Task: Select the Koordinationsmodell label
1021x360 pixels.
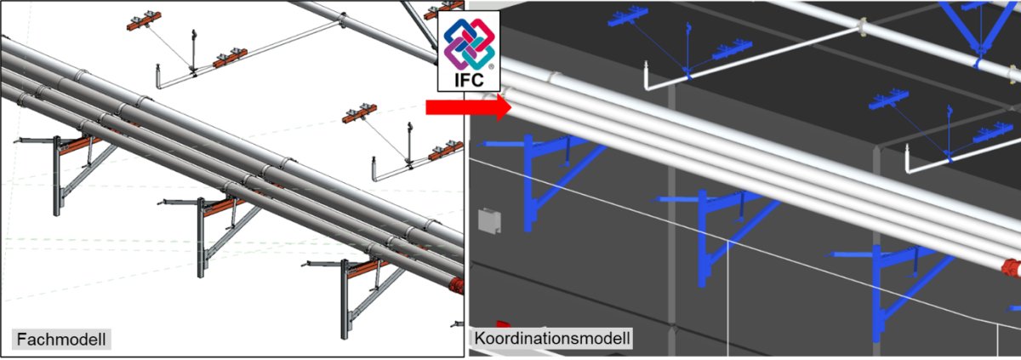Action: click(x=552, y=339)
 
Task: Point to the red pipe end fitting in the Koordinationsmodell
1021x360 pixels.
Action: click(x=1011, y=269)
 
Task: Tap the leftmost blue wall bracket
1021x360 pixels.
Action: click(x=536, y=179)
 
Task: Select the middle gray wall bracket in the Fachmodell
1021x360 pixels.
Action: click(x=204, y=230)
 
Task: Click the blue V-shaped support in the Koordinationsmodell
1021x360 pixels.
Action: click(x=978, y=34)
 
